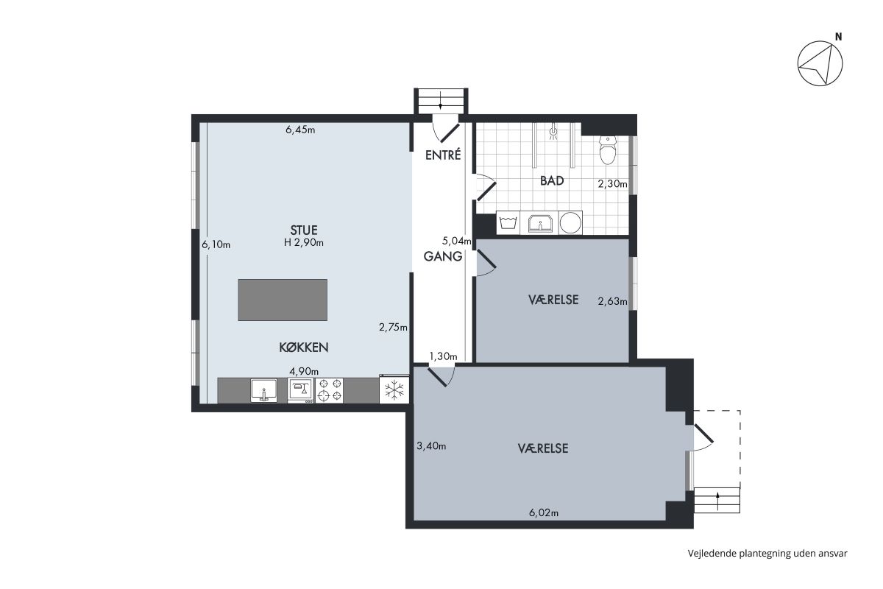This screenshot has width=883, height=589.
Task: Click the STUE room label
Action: (303, 230)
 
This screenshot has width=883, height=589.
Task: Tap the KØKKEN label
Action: (303, 348)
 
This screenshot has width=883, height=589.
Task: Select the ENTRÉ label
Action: (443, 155)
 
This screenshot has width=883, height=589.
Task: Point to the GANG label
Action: (443, 256)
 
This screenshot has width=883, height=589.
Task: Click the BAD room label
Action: (552, 180)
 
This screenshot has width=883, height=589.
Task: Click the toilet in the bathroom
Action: (608, 149)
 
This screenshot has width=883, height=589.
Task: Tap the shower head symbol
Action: (554, 131)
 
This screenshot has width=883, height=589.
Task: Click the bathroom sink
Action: (539, 223)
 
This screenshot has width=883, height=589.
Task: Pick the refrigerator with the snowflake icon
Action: (394, 389)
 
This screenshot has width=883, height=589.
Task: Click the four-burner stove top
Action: (329, 390)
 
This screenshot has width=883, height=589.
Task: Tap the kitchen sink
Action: (263, 390)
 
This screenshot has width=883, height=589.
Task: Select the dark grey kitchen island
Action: (283, 300)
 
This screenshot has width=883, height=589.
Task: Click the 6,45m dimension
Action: (300, 130)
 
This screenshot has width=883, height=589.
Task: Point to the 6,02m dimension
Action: (544, 513)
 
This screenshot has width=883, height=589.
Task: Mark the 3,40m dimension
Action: (431, 445)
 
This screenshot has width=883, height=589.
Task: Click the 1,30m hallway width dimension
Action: (443, 356)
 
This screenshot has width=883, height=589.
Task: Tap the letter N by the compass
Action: (838, 37)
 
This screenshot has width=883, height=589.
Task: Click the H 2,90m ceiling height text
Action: (303, 243)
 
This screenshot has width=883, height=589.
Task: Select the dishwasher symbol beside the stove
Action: (301, 390)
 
